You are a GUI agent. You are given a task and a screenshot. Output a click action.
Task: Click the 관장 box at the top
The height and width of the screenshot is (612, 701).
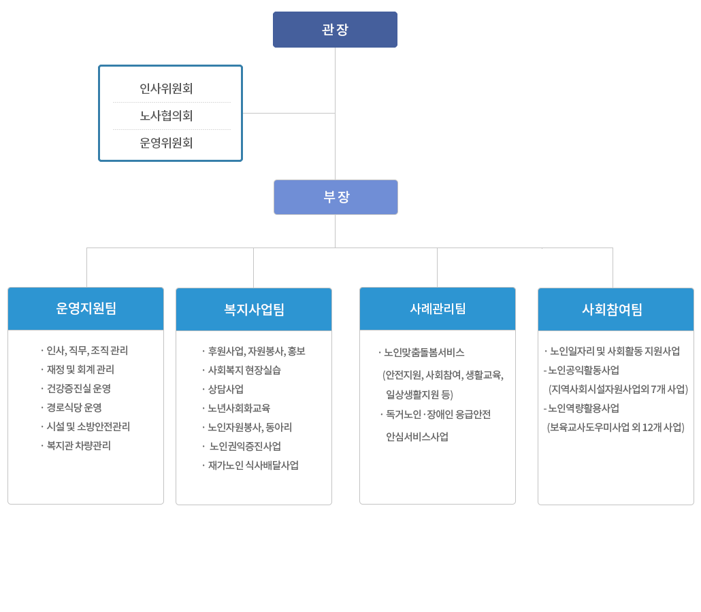click(x=335, y=30)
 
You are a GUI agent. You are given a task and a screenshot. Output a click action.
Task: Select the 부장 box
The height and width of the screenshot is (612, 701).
click(x=336, y=197)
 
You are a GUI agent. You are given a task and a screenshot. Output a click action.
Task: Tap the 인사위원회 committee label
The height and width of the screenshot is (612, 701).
click(x=167, y=88)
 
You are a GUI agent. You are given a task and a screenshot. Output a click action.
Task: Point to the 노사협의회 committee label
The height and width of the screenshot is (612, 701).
click(x=167, y=116)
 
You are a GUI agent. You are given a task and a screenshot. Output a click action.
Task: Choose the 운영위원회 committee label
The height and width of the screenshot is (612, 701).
click(x=167, y=143)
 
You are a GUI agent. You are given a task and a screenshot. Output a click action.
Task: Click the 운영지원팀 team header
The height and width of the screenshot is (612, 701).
click(x=86, y=309)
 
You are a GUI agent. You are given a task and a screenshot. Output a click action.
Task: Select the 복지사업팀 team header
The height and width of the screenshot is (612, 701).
click(x=254, y=309)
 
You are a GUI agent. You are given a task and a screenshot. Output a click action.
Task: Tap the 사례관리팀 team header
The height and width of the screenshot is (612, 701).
click(x=438, y=309)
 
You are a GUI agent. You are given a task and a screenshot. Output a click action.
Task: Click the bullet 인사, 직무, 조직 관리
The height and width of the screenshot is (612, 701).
click(x=87, y=351)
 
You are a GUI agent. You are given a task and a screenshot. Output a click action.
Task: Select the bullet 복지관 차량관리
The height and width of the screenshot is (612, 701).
click(x=78, y=446)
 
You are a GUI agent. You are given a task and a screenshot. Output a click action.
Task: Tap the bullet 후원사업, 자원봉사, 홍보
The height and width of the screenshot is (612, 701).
click(x=256, y=352)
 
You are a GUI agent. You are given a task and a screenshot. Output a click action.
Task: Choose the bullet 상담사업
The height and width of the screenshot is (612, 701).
click(x=225, y=390)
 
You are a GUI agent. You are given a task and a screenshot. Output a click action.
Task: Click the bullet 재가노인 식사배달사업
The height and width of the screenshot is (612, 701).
click(x=252, y=466)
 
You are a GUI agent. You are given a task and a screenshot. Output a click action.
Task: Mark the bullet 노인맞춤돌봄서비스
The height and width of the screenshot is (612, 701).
click(x=423, y=353)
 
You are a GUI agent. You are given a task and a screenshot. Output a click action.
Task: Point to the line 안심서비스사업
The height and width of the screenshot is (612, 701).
click(x=417, y=437)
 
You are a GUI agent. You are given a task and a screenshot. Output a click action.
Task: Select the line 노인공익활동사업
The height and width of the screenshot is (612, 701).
click(x=583, y=371)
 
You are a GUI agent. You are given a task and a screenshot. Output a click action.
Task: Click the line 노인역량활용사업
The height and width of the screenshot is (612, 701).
click(x=583, y=409)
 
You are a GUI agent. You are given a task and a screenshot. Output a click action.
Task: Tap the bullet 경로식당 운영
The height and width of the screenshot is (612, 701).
click(x=74, y=408)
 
